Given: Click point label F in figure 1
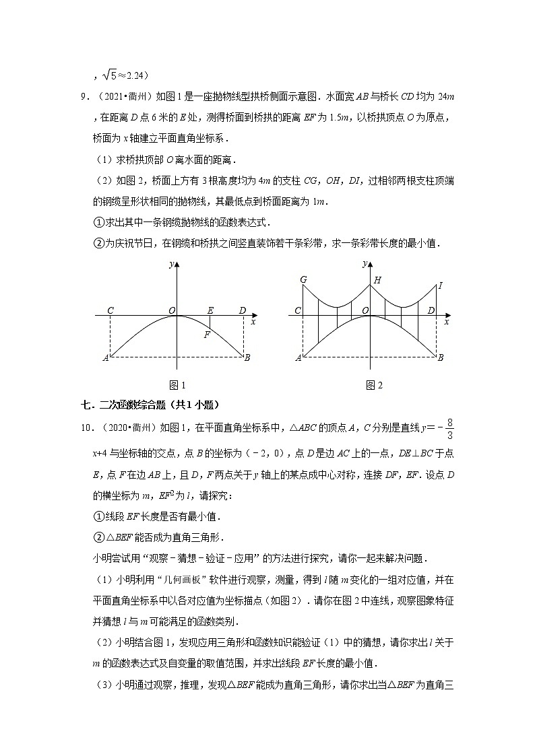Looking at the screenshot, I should [208, 335].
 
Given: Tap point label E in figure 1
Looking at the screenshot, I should [210, 310].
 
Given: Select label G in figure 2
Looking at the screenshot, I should [303, 279].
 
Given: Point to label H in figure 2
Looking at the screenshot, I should [377, 279].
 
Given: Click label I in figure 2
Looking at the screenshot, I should [440, 286].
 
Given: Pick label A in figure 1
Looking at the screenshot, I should [105, 358].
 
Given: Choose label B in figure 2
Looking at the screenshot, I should [441, 357].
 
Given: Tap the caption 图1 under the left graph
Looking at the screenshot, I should [177, 385].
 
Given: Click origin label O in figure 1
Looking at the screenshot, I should [172, 310].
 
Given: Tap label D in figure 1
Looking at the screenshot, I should [243, 310].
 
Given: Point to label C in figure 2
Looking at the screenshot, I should [298, 310].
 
